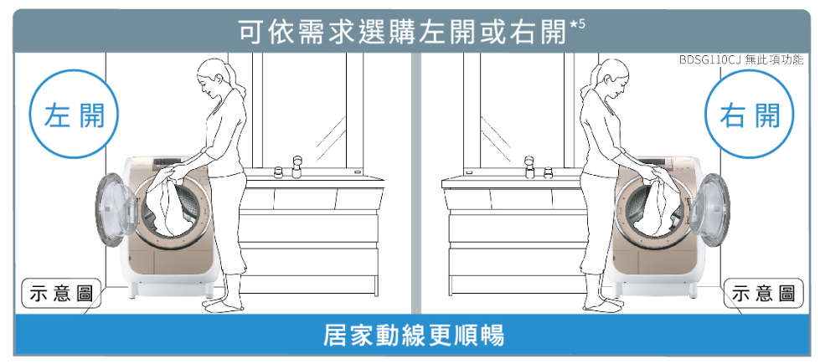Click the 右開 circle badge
[748, 117]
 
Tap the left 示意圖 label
[60, 294]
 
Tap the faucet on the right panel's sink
[529, 164]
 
